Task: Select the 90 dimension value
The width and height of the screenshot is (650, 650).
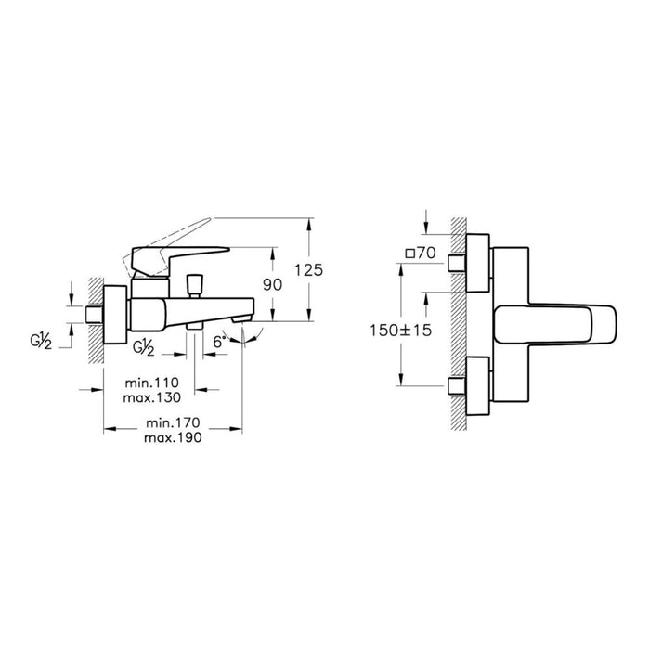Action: coord(271,286)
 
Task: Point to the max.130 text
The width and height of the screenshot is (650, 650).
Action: coord(154,397)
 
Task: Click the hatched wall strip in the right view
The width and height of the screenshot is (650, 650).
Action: coord(457,325)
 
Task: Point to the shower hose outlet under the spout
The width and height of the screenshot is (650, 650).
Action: coord(194,326)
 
